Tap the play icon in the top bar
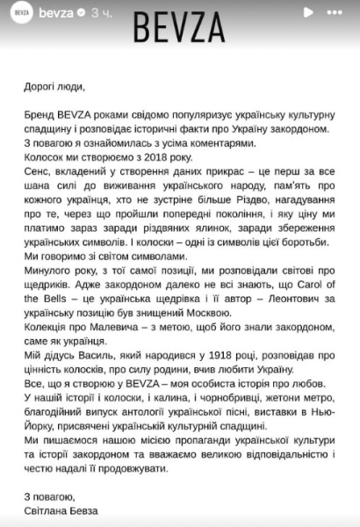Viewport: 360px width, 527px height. click(306, 13)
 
